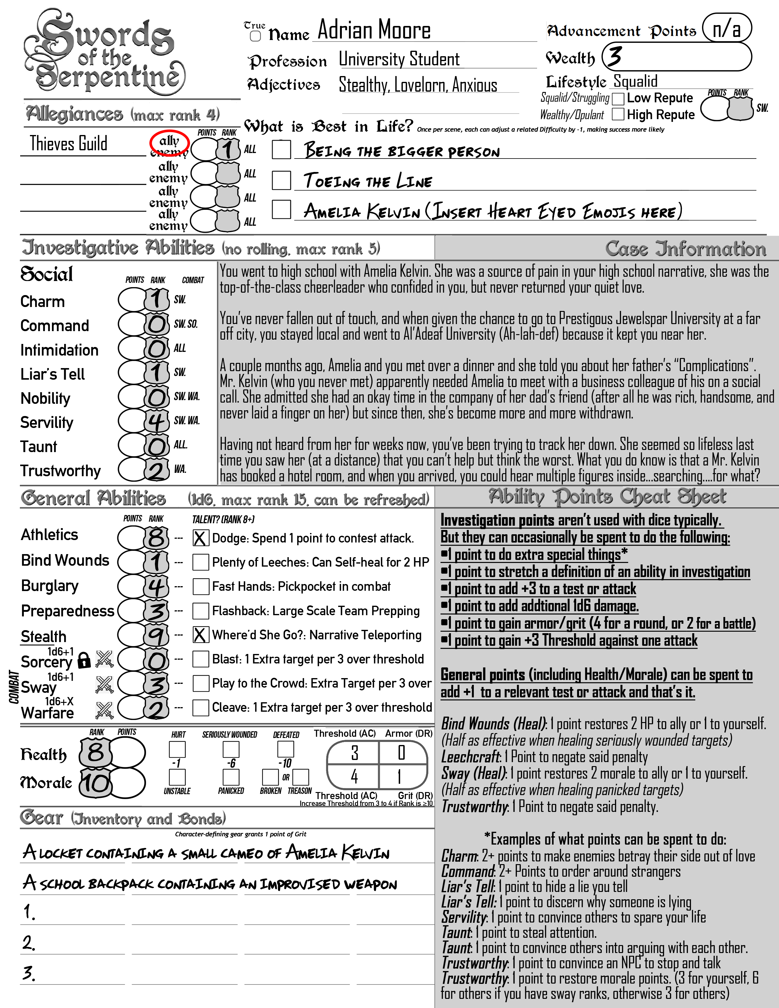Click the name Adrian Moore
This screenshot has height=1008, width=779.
374,31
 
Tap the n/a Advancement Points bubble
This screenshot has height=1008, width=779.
726,29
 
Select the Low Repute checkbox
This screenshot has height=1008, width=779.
618,99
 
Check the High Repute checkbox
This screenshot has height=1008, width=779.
618,115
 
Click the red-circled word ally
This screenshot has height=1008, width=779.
169,141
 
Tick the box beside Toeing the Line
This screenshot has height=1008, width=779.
281,180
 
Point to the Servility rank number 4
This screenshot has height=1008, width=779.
156,421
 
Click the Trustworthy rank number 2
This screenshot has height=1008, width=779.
156,470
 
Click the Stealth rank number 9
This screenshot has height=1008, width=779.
156,636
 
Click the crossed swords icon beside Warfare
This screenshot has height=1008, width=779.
104,710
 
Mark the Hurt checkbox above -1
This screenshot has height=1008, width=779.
177,749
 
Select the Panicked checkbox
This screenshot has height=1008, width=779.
231,777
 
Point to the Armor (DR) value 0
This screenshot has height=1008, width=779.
401,753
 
